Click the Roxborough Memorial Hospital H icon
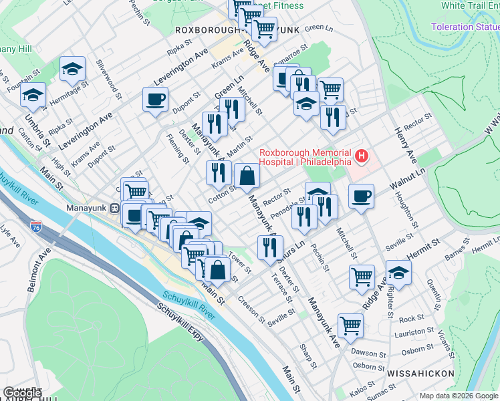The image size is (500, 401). pyautogui.click(x=362, y=156)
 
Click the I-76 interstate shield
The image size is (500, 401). pyautogui.click(x=35, y=228)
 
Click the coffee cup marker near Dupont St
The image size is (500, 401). pyautogui.click(x=155, y=100)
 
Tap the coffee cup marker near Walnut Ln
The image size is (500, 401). pyautogui.click(x=361, y=196)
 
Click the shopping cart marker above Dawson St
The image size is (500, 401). pyautogui.click(x=350, y=325)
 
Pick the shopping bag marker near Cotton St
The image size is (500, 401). pyautogui.click(x=247, y=177)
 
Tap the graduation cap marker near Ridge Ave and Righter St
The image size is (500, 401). pyautogui.click(x=398, y=273)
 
